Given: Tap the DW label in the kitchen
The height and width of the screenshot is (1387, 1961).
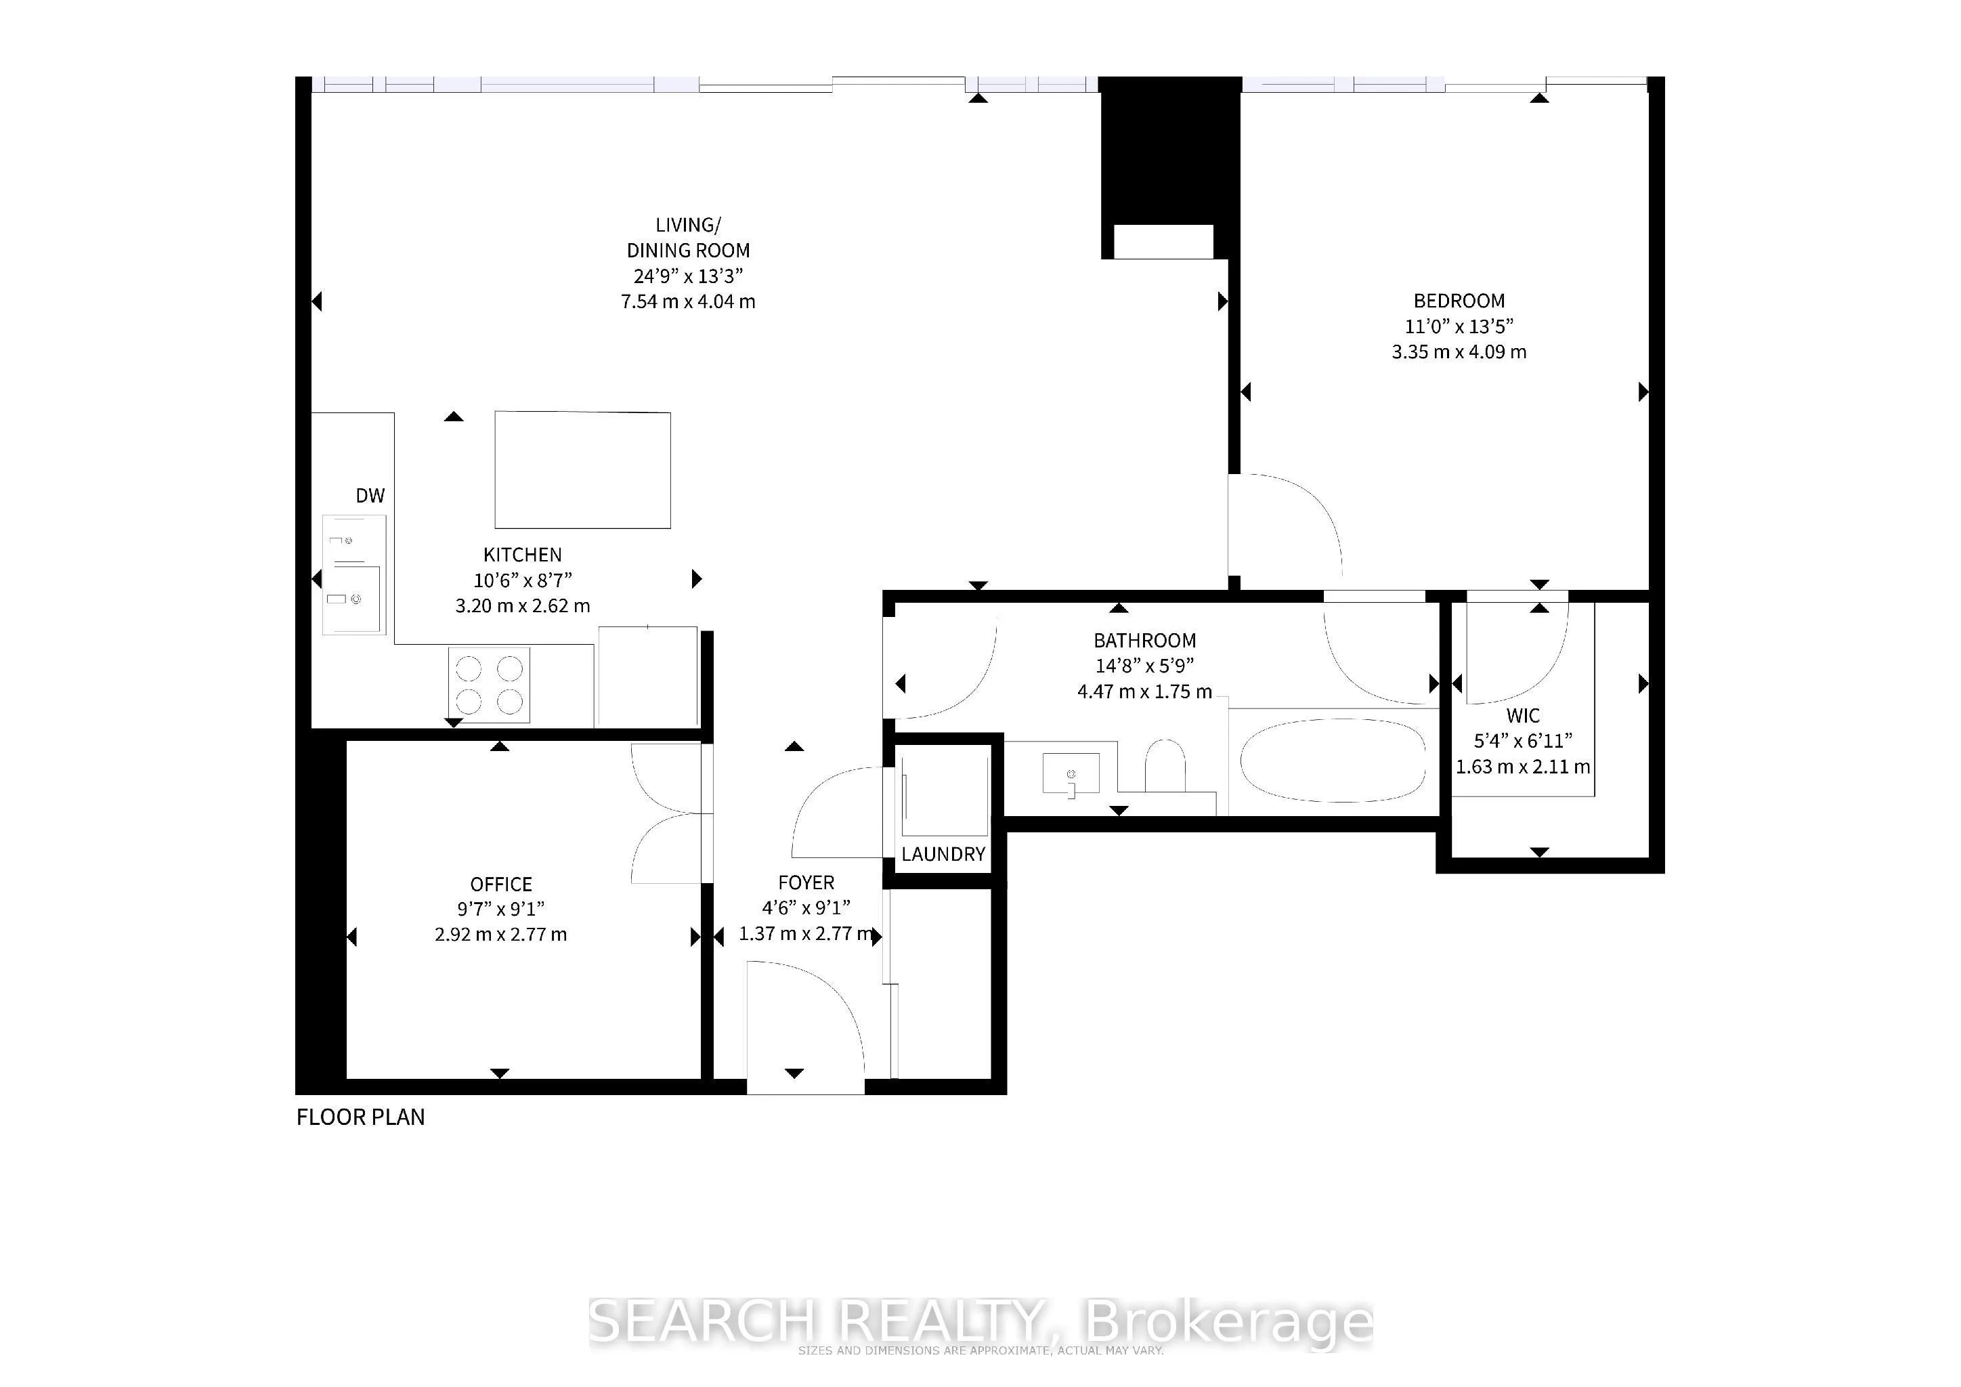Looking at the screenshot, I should coord(370,495).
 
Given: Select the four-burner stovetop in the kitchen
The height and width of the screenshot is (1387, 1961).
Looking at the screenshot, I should coord(488,685).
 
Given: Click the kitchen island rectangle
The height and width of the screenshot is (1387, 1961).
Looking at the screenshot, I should coord(582,470).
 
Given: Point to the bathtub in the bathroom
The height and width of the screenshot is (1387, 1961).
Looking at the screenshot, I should coord(1333,760).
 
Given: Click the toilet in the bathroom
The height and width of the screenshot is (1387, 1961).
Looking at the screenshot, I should coord(1164,765).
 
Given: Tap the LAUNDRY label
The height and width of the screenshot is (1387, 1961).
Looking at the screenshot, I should coord(943,854).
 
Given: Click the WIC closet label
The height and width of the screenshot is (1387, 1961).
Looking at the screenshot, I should coord(1523,716).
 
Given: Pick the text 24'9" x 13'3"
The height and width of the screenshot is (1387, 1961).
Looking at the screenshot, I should coord(689,276).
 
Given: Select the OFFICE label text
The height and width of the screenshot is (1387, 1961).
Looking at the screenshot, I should coord(500,884).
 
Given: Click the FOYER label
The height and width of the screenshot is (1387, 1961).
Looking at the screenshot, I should coord(805,882).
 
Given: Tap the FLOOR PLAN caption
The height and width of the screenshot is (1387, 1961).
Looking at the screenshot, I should coord(360,1117).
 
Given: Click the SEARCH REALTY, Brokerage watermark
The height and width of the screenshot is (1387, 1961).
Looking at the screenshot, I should coord(980,1322).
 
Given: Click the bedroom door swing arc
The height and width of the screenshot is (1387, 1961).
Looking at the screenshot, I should coord(1298,513).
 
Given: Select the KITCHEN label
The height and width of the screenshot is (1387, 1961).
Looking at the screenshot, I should coord(522,554).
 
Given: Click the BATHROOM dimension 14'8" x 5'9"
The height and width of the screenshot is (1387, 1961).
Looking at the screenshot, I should coord(1144,665).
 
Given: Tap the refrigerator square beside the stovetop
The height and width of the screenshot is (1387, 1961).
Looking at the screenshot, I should coord(647,677).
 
